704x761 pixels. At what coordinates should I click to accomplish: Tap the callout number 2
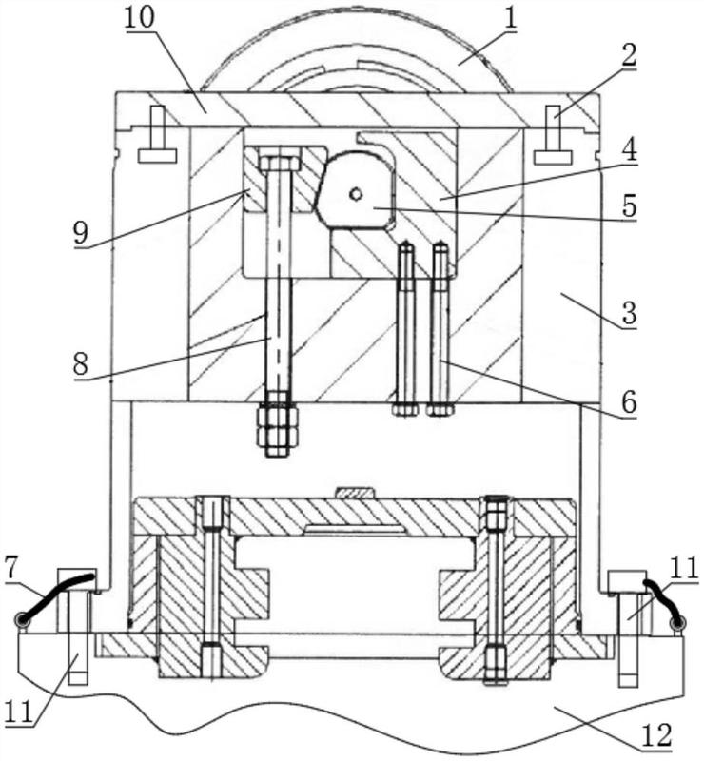(x=628, y=56)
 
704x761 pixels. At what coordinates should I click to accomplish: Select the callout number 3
(x=629, y=312)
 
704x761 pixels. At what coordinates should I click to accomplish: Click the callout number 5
(x=629, y=205)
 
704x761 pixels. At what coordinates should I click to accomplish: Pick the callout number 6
(x=629, y=401)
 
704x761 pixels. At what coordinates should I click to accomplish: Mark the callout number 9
(x=81, y=233)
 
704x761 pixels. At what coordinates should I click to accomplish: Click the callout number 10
(x=139, y=17)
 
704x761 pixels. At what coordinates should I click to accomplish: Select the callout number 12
(x=656, y=734)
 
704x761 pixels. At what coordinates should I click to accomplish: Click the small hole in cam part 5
(x=357, y=194)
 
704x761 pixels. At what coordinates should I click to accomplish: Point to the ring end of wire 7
(x=21, y=620)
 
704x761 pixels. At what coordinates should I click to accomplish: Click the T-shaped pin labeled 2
(x=552, y=135)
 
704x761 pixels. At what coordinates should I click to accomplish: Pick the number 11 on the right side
(x=684, y=567)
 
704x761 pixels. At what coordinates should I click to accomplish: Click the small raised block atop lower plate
(x=356, y=493)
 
